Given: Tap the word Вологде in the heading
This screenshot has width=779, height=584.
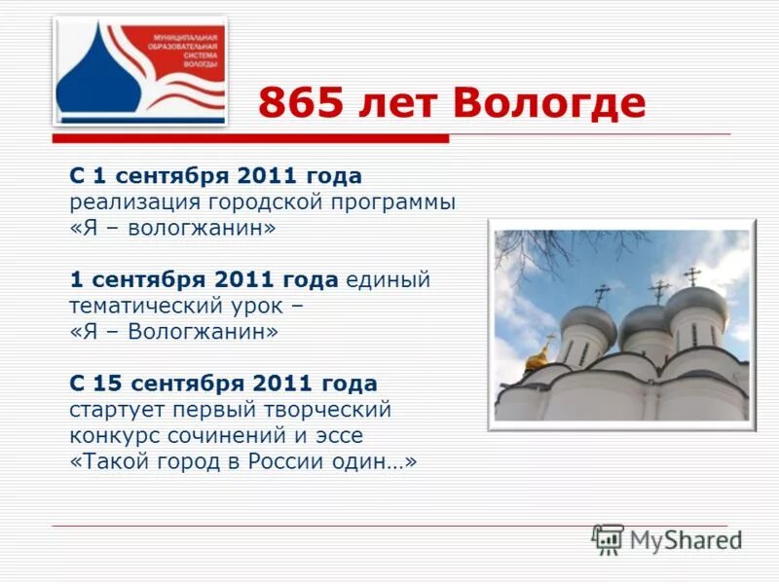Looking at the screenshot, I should pos(549,103).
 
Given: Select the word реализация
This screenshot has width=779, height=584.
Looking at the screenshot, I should pos(133,202).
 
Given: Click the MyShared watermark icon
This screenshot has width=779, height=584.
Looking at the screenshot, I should pos(608,538).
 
